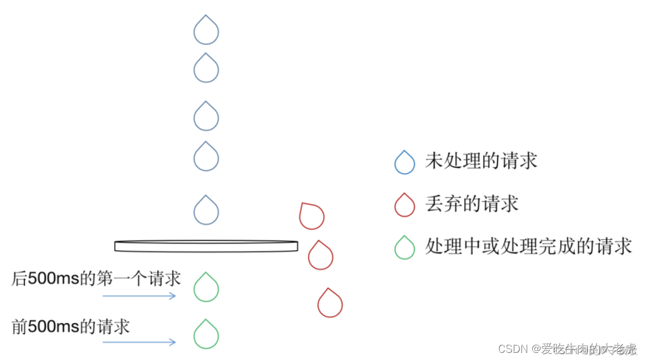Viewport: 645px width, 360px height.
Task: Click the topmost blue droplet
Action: point(206,31)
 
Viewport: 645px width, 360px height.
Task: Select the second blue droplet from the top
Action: point(206,69)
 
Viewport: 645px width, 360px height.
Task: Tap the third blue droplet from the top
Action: point(206,117)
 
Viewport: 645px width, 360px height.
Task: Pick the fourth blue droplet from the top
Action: point(206,158)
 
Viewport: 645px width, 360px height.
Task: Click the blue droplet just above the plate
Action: point(206,211)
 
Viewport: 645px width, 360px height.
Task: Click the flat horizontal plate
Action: point(206,245)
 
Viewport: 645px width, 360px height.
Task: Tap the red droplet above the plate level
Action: point(311,216)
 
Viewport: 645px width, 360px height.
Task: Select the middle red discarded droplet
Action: point(321,256)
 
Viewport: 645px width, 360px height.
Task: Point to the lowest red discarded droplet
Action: point(330,303)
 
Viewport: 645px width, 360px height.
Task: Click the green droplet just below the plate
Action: point(206,288)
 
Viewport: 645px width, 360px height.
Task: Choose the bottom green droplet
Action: point(206,335)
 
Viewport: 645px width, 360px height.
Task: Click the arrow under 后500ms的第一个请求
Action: point(139,296)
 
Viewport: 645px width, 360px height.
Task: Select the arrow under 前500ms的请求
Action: point(139,342)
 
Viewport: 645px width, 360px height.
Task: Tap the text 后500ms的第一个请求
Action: point(96,279)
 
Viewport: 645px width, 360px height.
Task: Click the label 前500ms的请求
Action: point(70,327)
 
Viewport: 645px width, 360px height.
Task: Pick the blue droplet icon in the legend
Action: point(404,162)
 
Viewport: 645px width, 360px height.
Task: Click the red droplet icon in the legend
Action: point(404,205)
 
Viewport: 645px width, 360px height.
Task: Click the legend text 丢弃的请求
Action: point(471,204)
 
